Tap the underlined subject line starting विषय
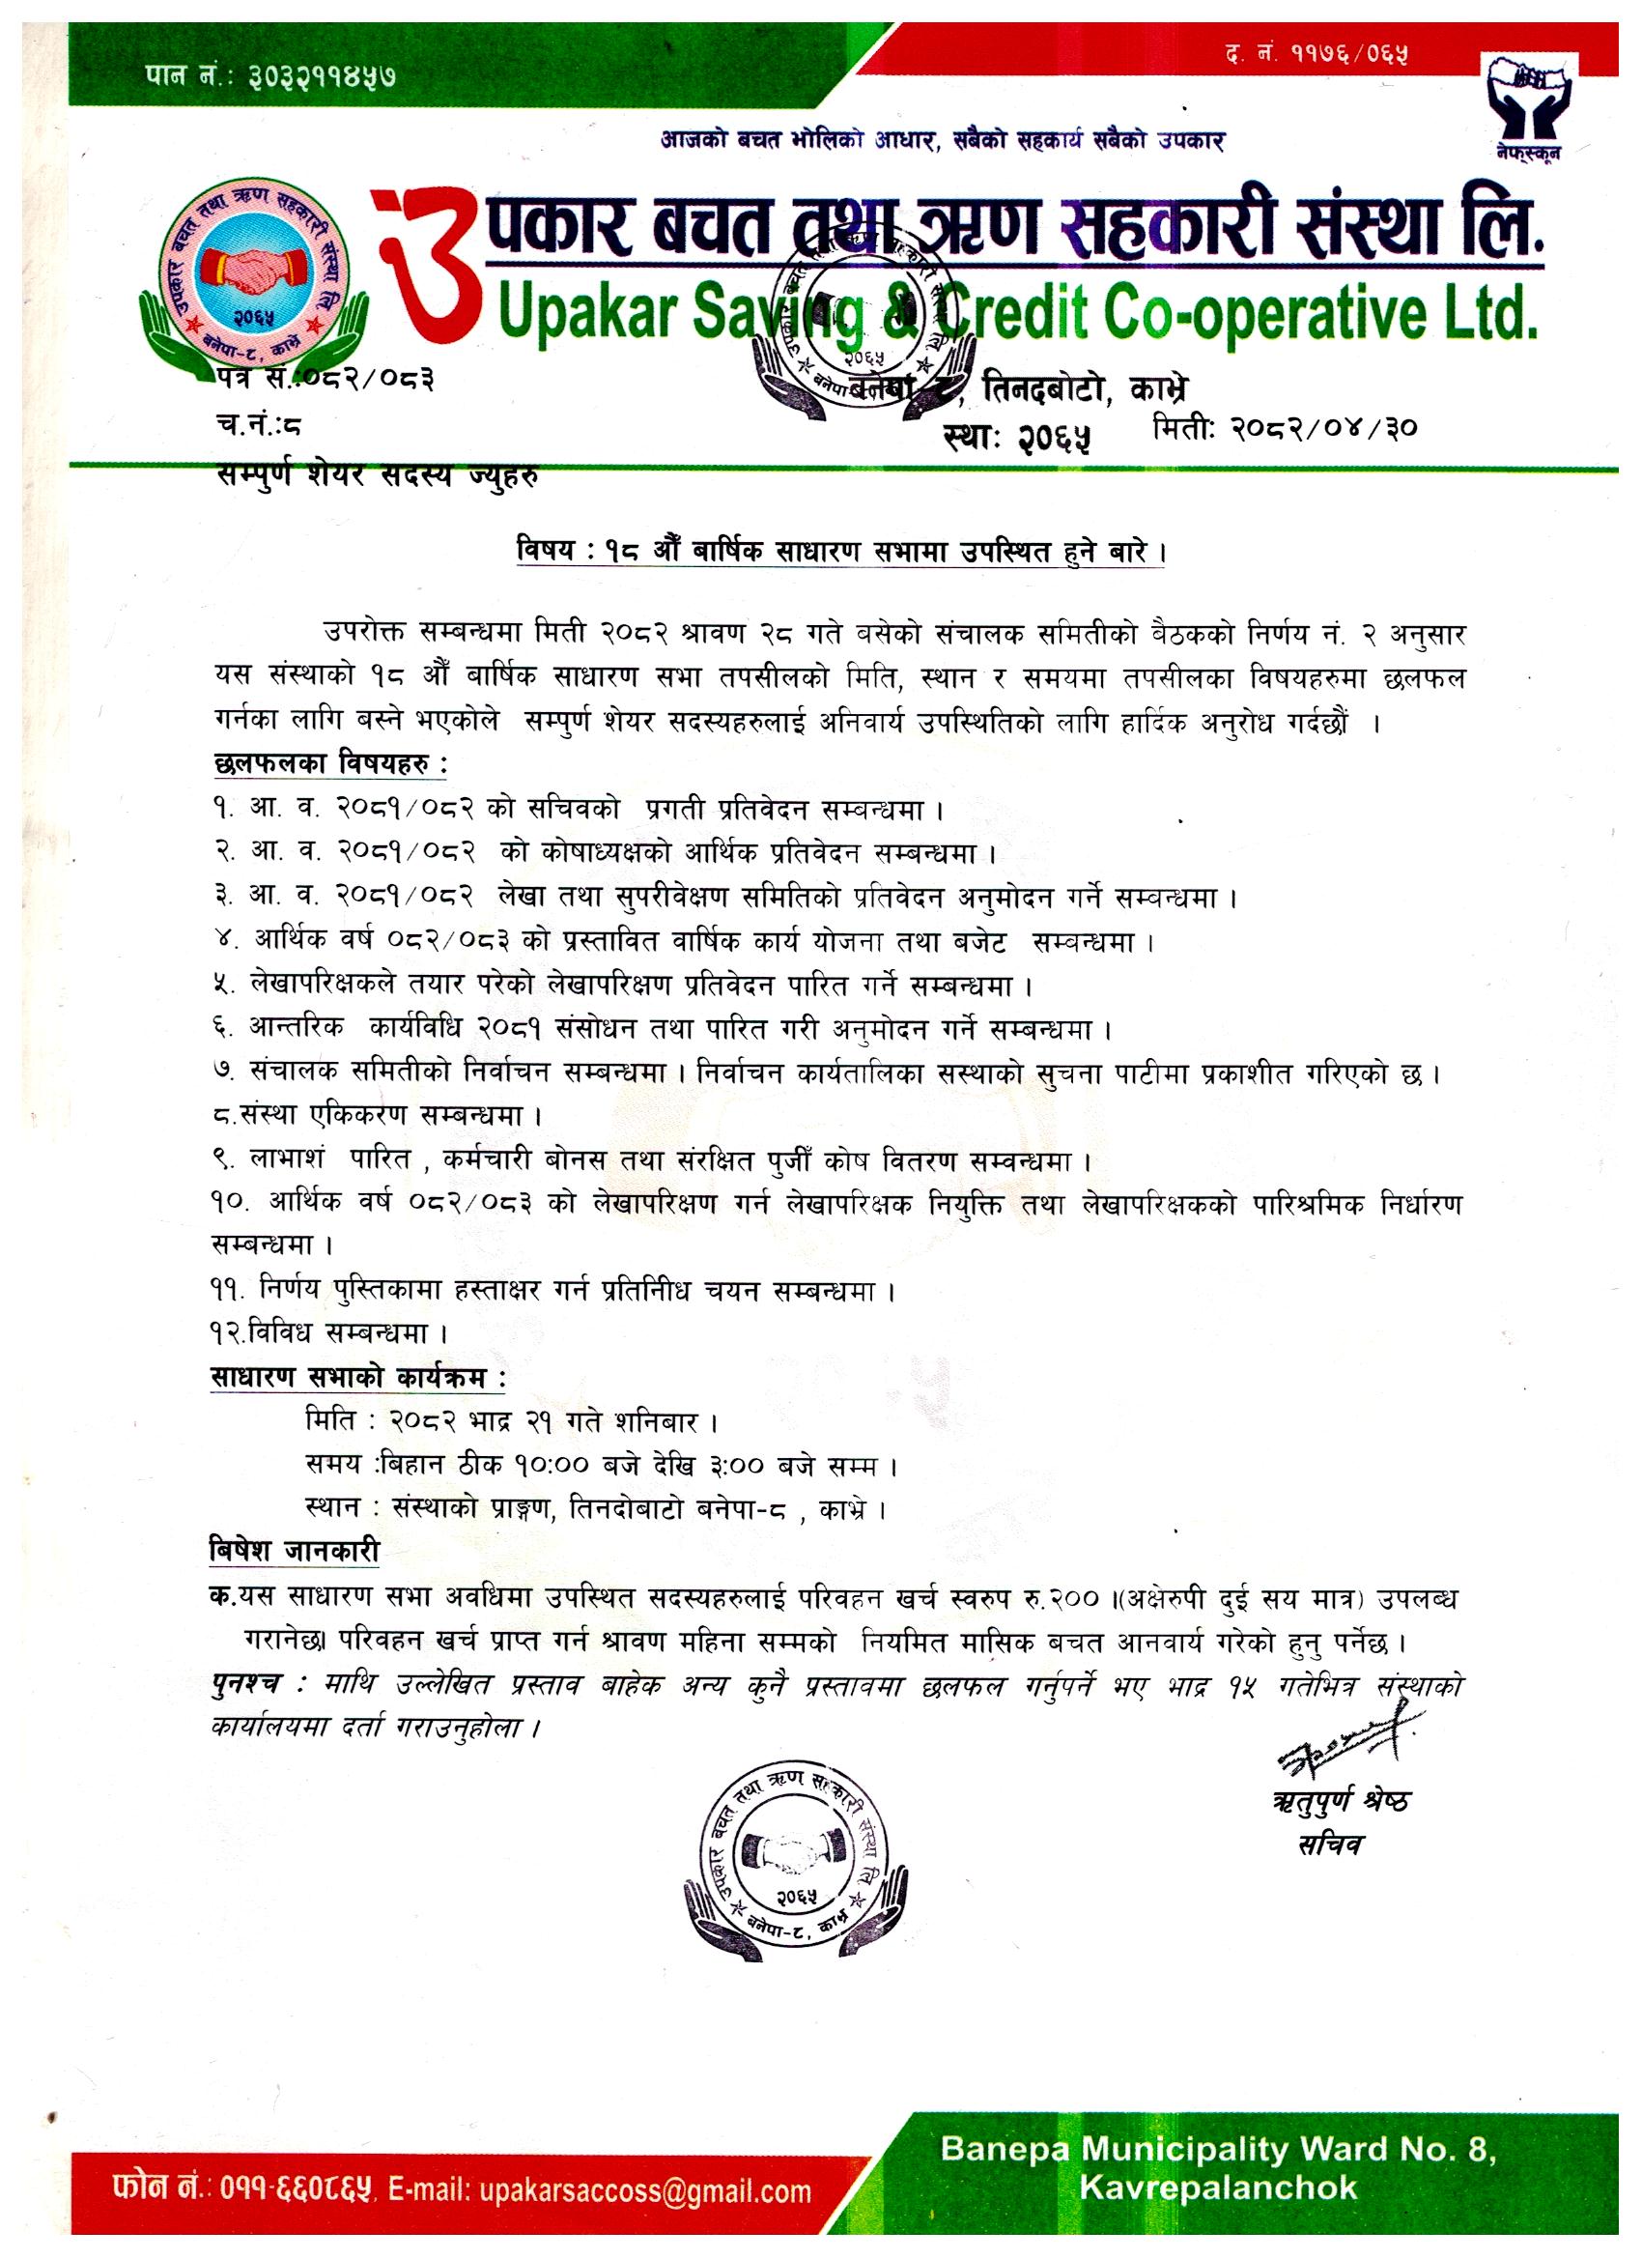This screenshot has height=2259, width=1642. click(x=840, y=554)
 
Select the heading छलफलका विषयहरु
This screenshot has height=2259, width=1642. click(x=329, y=765)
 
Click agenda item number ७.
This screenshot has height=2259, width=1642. click(x=221, y=1074)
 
